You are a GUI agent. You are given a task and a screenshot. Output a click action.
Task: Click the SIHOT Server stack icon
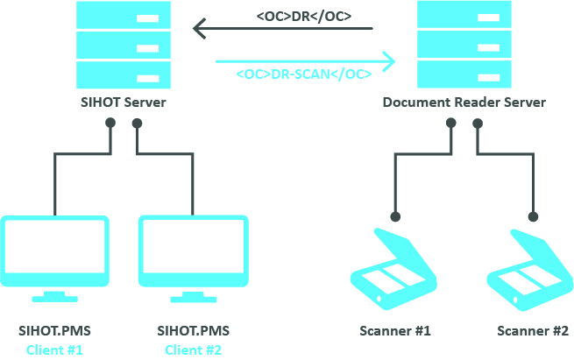(122, 43)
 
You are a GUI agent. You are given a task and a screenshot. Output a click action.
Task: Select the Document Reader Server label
(464, 102)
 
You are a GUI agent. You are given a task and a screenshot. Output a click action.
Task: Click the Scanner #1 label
(395, 331)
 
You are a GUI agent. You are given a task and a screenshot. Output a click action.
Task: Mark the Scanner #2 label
(532, 331)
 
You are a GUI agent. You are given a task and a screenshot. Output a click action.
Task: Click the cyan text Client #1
(55, 349)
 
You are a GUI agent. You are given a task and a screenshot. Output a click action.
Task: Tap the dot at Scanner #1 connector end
(395, 215)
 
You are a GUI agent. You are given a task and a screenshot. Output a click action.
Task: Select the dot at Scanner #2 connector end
(532, 215)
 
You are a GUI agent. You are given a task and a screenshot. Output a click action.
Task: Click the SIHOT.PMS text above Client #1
(55, 331)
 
